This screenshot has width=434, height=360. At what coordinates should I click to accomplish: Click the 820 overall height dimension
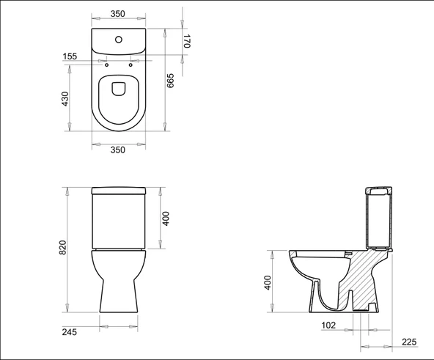click(63, 248)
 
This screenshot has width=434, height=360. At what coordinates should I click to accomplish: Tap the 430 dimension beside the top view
click(64, 98)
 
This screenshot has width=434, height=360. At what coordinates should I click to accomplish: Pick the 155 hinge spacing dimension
click(70, 56)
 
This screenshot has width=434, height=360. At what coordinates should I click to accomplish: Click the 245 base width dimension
click(70, 332)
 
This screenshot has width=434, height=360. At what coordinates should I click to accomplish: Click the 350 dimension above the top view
click(117, 13)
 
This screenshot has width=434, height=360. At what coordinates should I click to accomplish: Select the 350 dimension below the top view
click(117, 150)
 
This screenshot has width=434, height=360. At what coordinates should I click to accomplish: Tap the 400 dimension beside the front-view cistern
click(166, 218)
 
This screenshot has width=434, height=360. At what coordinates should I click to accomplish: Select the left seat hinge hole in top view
click(106, 66)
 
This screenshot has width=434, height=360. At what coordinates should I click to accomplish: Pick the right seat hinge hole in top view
click(130, 66)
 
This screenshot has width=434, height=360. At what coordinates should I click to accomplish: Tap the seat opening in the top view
click(119, 89)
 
